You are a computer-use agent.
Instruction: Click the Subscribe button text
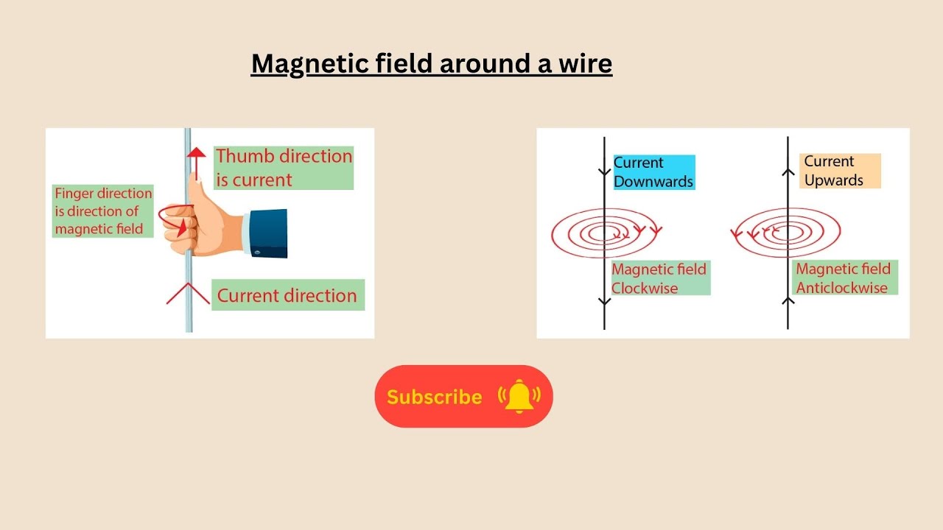coord(434,397)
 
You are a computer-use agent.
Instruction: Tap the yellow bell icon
coord(519,396)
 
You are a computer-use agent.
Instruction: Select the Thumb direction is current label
coord(284,168)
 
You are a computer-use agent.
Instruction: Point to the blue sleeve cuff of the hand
coord(268,233)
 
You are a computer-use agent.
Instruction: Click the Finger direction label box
coord(103,211)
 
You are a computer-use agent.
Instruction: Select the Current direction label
coord(287,295)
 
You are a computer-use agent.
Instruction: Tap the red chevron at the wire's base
coord(189,293)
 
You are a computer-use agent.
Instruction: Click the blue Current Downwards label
coord(653,172)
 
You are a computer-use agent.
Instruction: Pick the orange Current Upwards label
coord(840,171)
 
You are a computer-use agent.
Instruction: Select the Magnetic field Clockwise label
coord(659,279)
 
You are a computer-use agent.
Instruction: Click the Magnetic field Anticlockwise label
coord(844,278)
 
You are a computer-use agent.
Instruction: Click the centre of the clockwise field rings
coord(605,233)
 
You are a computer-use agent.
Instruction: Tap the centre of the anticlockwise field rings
coord(788,232)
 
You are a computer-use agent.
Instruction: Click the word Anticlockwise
coord(841,288)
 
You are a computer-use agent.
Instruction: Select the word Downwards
coord(653,182)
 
